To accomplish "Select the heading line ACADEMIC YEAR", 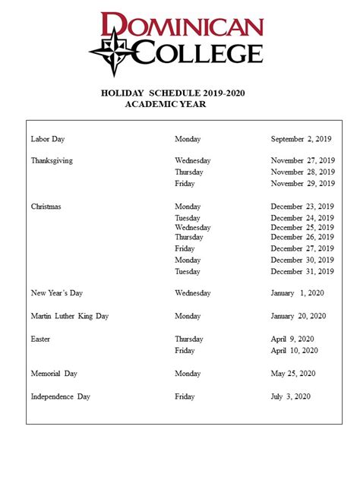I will [x=165, y=105].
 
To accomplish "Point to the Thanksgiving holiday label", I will [x=52, y=161].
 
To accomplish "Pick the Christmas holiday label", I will [x=46, y=207].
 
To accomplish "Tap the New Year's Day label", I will [x=56, y=292].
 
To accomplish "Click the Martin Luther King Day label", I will [x=69, y=316].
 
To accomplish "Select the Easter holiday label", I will [x=40, y=339].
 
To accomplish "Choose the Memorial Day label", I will [x=54, y=374].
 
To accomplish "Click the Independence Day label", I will [x=60, y=396].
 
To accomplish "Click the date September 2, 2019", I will [x=302, y=139].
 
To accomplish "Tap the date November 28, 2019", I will [x=302, y=172].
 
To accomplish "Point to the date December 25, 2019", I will [x=302, y=227].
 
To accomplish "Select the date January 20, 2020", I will [x=298, y=316].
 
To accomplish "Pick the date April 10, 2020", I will [x=294, y=350].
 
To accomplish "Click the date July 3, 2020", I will [x=291, y=396].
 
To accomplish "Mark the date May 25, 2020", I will [x=292, y=374].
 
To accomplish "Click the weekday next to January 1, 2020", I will [x=192, y=292].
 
